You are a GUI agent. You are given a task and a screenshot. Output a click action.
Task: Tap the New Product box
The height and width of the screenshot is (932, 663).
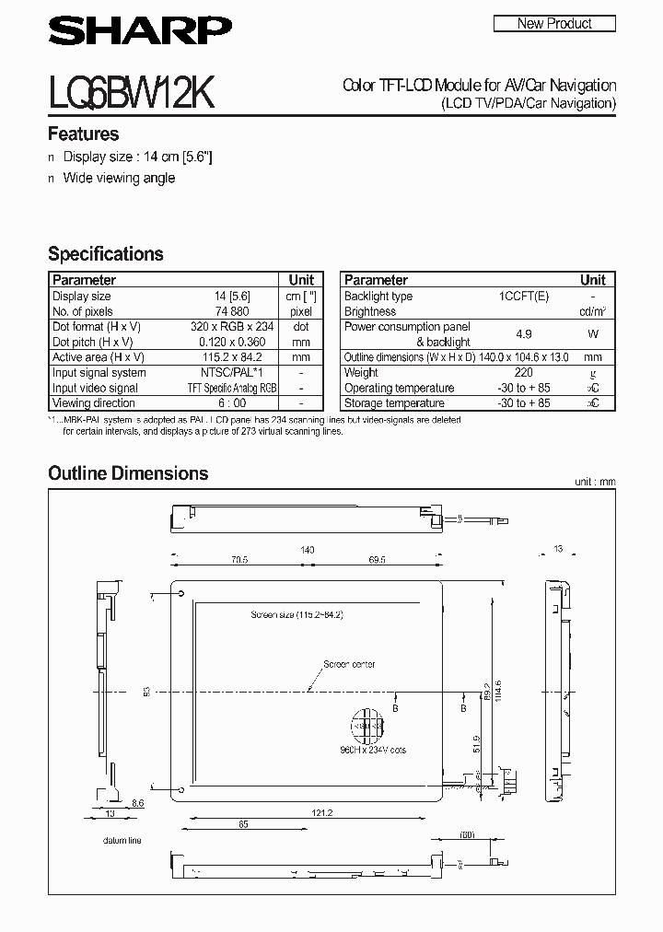coord(554,24)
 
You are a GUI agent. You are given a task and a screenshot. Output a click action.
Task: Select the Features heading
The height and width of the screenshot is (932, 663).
coord(84,134)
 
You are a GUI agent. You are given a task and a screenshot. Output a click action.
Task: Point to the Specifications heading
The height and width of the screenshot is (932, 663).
coord(106,253)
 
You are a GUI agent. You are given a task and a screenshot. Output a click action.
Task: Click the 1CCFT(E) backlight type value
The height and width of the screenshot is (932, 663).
coord(524,297)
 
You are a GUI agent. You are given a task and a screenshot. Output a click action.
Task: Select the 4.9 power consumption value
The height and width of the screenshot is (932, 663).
coord(524,334)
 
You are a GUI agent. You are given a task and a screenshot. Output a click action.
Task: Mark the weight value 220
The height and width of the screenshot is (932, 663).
coord(524,373)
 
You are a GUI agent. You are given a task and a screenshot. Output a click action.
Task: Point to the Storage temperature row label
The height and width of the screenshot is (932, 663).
coord(394,403)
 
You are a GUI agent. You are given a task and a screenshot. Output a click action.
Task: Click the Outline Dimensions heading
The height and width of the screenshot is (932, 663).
coord(128,473)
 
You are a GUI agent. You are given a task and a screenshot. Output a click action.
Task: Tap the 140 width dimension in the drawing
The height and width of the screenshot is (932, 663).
coord(307,550)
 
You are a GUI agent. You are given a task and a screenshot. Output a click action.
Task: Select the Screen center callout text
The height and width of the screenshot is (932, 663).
coord(347,664)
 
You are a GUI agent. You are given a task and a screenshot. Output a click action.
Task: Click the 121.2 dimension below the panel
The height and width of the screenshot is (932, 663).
coord(321,813)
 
